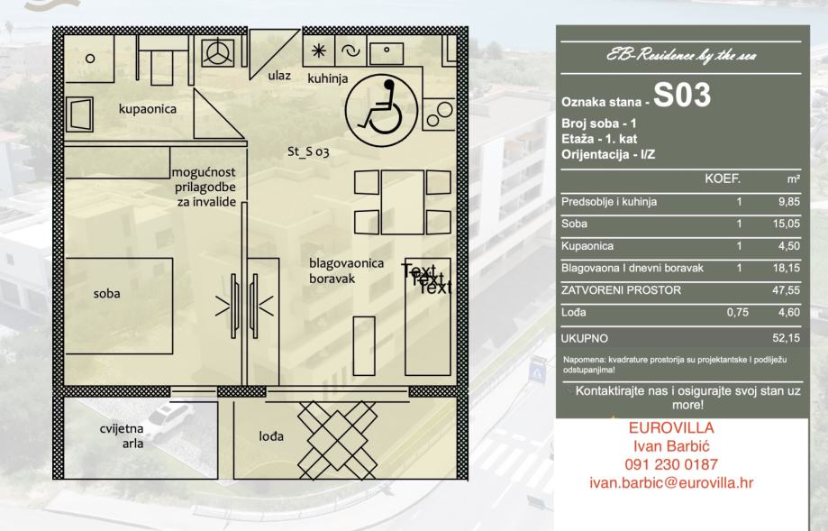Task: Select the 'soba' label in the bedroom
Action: point(106,293)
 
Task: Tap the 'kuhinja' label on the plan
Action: point(327,79)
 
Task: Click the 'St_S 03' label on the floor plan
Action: point(307,152)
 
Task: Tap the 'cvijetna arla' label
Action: point(122,436)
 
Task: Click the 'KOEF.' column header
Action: point(722,179)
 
